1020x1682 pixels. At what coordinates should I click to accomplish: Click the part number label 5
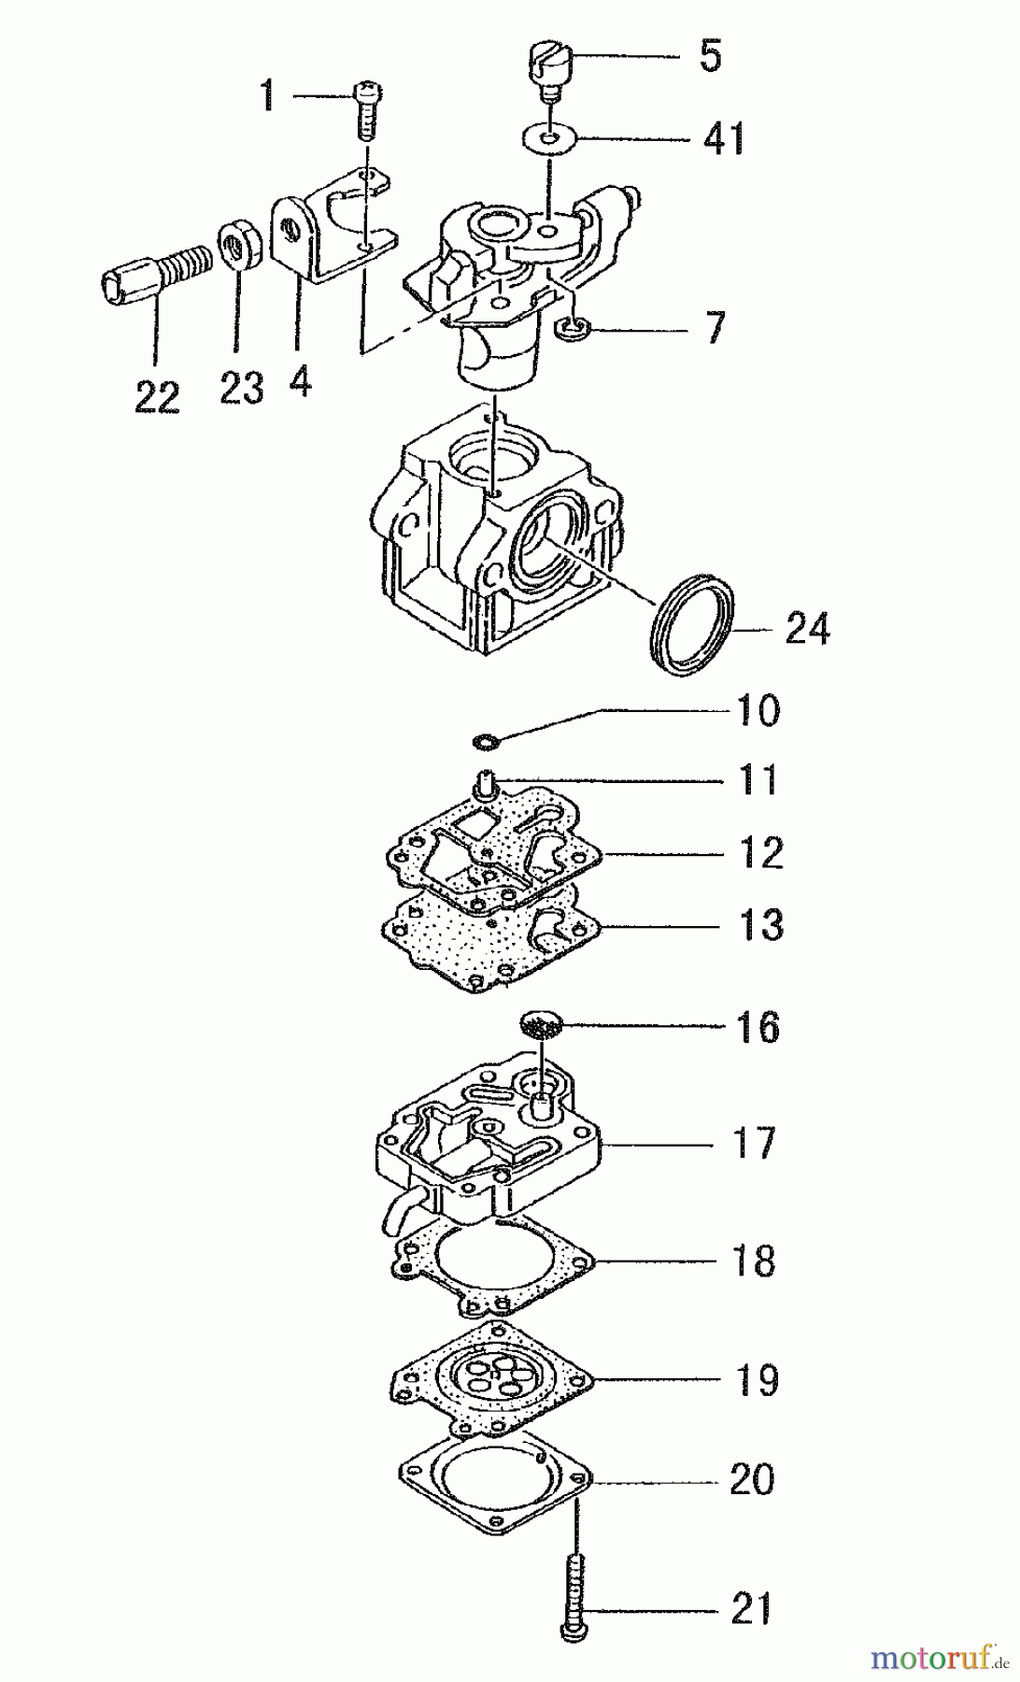click(x=710, y=56)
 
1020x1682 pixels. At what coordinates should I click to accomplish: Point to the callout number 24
click(x=807, y=629)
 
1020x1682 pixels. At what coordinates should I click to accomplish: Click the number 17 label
click(x=753, y=1143)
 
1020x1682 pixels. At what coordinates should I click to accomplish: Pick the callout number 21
click(x=753, y=1608)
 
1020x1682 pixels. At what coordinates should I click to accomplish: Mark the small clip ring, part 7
click(x=569, y=326)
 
